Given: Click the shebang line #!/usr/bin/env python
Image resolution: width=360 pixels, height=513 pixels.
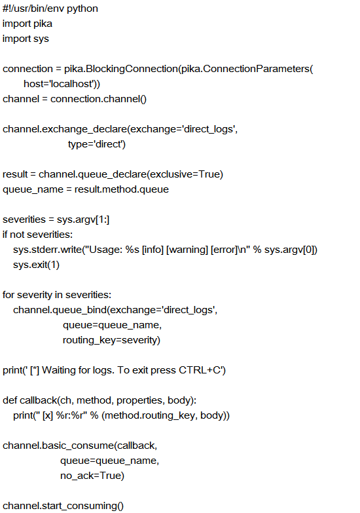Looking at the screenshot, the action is (x=50, y=9).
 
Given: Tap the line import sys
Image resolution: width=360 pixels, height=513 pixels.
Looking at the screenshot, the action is (x=26, y=39).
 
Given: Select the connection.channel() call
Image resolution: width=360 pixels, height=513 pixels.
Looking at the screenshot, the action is (x=98, y=99).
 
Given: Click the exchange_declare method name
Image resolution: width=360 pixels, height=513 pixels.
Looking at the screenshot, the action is (x=84, y=129).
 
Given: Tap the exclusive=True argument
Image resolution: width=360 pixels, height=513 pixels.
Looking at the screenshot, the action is (x=185, y=174).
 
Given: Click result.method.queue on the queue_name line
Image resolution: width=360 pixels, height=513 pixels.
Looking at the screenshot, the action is (x=122, y=189).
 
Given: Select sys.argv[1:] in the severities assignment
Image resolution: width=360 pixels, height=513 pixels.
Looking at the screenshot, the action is (x=83, y=219).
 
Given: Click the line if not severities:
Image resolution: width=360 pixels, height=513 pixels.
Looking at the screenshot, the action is (x=37, y=235).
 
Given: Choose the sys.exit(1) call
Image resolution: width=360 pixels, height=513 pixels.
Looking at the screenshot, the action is (x=36, y=265).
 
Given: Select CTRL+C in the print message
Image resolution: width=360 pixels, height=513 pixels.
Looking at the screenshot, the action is (x=200, y=370).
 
